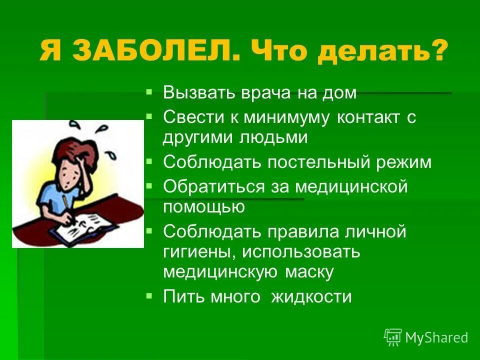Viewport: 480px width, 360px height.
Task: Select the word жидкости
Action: [311, 297]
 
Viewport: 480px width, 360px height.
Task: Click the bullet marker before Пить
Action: [148, 296]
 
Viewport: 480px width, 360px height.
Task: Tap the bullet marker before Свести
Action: [148, 116]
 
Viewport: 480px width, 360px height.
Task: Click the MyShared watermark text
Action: [436, 337]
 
